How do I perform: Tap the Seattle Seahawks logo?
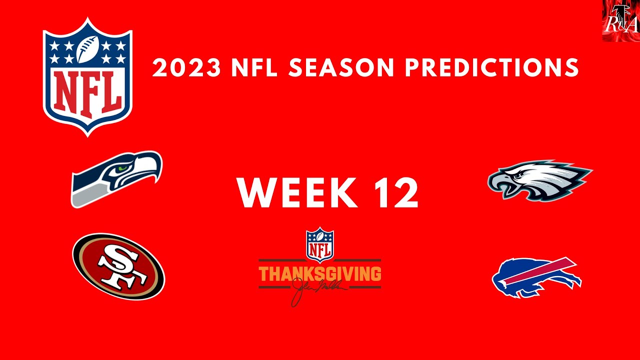pyautogui.click(x=116, y=178)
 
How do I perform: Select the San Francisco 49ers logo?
pyautogui.click(x=118, y=266)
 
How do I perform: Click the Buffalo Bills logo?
pyautogui.click(x=536, y=276)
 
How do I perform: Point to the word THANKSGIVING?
pyautogui.click(x=320, y=274)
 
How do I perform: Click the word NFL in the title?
pyautogui.click(x=254, y=68)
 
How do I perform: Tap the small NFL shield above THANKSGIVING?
pyautogui.click(x=320, y=244)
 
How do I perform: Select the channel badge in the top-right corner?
pyautogui.click(x=620, y=20)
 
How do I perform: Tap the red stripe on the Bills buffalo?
pyautogui.click(x=545, y=269)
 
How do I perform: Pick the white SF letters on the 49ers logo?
pyautogui.click(x=118, y=267)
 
